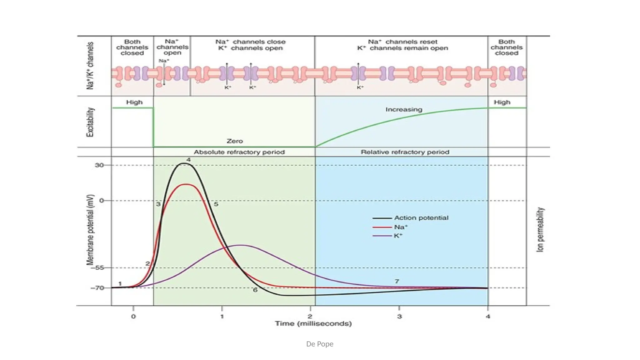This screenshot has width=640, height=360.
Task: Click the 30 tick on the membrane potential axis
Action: pyautogui.click(x=99, y=165)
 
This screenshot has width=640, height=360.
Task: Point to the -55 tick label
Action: pyautogui.click(x=99, y=268)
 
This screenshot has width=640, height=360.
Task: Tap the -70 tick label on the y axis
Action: pyautogui.click(x=97, y=288)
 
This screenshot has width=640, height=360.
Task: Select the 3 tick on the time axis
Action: pyautogui.click(x=399, y=317)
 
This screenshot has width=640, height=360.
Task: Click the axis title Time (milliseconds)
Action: pyautogui.click(x=313, y=324)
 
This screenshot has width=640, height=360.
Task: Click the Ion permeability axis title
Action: pyautogui.click(x=540, y=230)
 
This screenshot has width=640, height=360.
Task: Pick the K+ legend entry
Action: pyautogui.click(x=398, y=236)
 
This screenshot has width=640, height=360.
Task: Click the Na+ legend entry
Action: pyautogui.click(x=401, y=227)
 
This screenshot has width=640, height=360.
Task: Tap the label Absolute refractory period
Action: pyautogui.click(x=239, y=152)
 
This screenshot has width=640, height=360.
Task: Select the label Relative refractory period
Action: pyautogui.click(x=405, y=152)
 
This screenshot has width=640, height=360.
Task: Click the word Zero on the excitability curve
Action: pyautogui.click(x=235, y=141)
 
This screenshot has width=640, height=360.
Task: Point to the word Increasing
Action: pyautogui.click(x=404, y=110)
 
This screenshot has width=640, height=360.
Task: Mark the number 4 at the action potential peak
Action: pyautogui.click(x=189, y=160)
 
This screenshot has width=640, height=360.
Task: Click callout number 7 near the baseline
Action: pyautogui.click(x=397, y=281)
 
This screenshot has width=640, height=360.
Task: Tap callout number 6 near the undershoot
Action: pyautogui.click(x=255, y=290)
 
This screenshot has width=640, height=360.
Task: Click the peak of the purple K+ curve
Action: pyautogui.click(x=241, y=245)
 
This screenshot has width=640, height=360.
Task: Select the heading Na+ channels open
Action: pyautogui.click(x=172, y=47)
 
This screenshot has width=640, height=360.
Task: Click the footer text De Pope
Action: pyautogui.click(x=320, y=344)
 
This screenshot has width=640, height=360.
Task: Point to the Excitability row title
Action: pyautogui.click(x=90, y=122)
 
